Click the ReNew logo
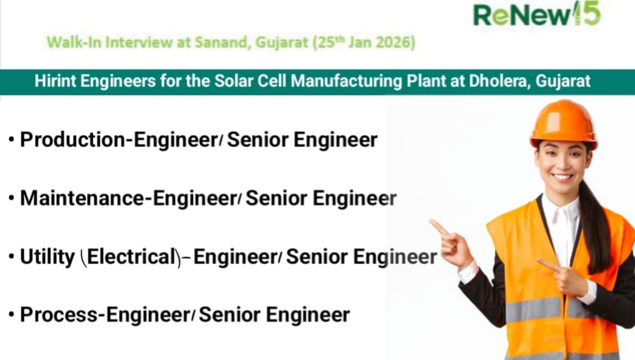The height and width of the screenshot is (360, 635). pos(537,14)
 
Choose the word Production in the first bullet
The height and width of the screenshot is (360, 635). pos(74,140)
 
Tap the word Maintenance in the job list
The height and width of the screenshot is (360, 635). pos(84,199)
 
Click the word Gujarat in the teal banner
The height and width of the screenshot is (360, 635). pos(564,82)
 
